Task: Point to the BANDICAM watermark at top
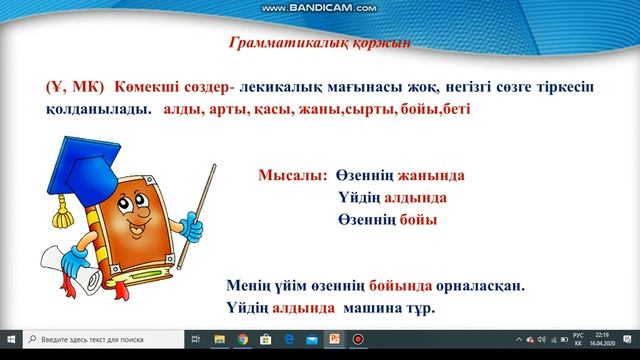(319, 7)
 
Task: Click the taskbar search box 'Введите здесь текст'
(100, 340)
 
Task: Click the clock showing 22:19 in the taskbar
(601, 335)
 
